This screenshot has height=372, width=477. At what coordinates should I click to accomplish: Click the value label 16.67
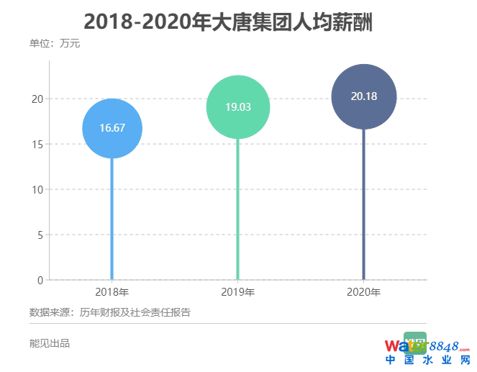(x=112, y=128)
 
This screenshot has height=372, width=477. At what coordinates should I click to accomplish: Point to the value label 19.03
(x=238, y=106)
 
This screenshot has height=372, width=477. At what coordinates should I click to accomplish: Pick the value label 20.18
(x=364, y=96)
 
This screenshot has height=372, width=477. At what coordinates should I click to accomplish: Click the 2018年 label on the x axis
(x=112, y=292)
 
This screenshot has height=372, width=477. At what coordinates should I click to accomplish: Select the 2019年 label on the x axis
(x=238, y=292)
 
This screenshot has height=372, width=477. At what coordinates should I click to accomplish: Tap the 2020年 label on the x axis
(x=364, y=292)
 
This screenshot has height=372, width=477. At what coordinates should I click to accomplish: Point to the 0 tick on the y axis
(x=40, y=280)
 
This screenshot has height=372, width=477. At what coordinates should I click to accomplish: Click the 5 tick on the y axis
(x=40, y=235)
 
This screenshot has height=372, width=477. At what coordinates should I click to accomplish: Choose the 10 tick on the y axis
(x=37, y=189)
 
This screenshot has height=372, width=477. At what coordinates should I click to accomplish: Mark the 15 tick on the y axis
(x=37, y=144)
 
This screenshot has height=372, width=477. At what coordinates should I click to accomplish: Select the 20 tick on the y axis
(x=37, y=99)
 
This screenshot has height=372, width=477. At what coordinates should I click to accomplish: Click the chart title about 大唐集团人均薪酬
(x=238, y=22)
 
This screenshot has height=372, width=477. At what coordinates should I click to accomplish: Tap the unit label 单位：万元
(x=55, y=45)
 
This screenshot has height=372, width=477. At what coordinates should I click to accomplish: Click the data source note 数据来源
(x=109, y=312)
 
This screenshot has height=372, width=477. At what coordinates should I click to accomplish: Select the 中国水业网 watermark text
(x=427, y=360)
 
